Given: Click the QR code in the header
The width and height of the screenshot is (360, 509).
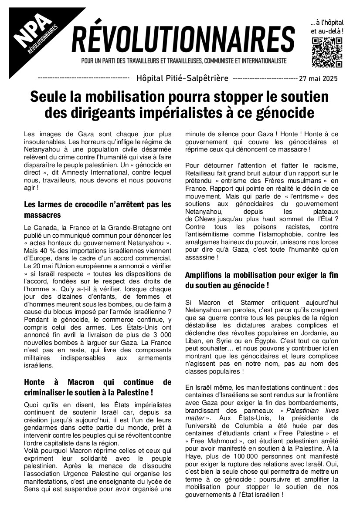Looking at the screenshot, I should click(x=327, y=53).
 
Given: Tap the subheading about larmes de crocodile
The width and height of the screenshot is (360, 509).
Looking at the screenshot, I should click(x=98, y=209).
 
